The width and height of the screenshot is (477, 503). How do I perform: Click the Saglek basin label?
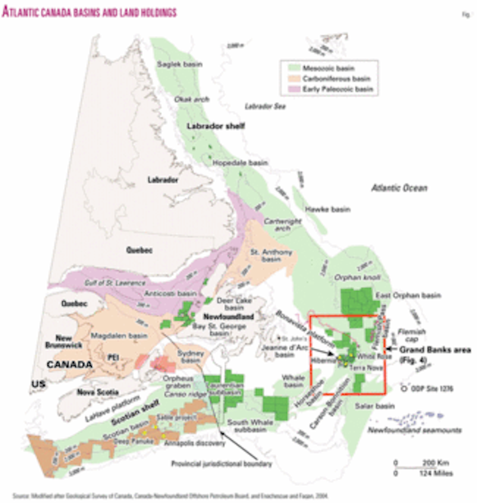pos(179,64)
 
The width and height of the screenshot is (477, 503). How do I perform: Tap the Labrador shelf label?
pos(216,126)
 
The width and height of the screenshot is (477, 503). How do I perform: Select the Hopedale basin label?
pos(240,163)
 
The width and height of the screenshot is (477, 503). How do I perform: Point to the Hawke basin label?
pos(327,209)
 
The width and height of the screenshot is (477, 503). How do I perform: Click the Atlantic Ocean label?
pos(399,188)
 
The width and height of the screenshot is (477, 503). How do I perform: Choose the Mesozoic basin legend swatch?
pos(291,68)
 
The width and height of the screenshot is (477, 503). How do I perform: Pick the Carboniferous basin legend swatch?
pos(291,78)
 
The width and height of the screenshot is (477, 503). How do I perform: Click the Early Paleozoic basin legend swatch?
pos(291,89)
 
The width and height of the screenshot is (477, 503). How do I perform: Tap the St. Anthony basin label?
pos(271,255)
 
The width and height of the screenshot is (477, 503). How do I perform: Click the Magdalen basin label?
pos(119,336)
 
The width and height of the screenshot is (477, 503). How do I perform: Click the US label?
pos(39,384)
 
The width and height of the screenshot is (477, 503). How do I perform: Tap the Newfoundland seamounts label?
pos(414,430)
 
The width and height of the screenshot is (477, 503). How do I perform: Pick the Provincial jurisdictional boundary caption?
pos(221,464)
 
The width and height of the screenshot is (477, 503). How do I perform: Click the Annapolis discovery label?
pos(194,443)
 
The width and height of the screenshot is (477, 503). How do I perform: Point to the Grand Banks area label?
pos(435,350)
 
